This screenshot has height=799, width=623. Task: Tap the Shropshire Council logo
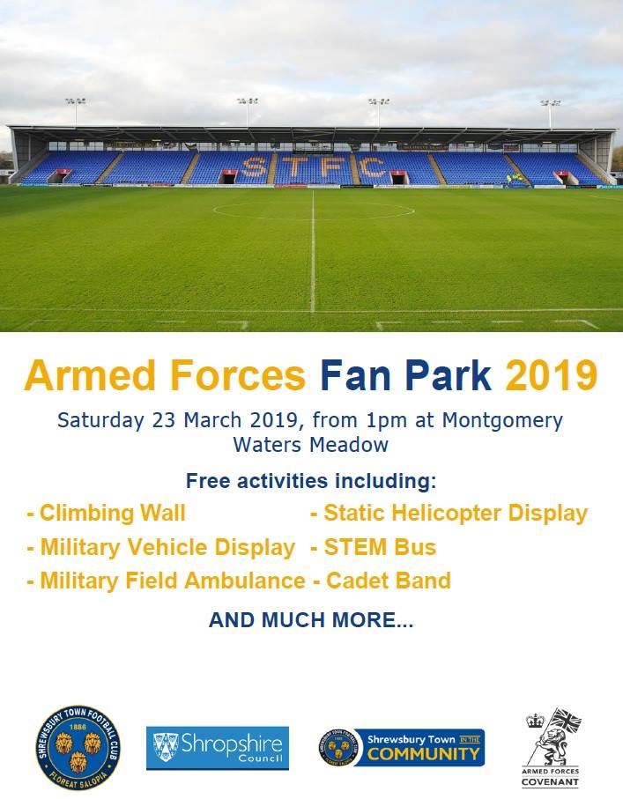(217, 747)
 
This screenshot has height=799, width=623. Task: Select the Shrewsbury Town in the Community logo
(402, 747)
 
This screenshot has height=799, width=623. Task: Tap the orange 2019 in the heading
(551, 375)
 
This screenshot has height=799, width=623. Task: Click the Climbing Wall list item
(107, 513)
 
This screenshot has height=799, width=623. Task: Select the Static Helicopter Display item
(449, 513)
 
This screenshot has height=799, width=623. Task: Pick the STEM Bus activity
(373, 547)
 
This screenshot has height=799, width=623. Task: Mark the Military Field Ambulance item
(167, 581)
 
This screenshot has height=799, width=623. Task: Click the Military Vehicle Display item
(161, 547)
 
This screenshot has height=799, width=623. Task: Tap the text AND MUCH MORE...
(310, 620)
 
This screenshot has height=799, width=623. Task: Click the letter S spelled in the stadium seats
(255, 166)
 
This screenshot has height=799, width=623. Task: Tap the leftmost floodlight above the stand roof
(75, 102)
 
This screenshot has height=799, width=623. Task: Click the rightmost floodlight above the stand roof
(550, 104)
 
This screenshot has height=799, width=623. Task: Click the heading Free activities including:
(310, 482)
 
